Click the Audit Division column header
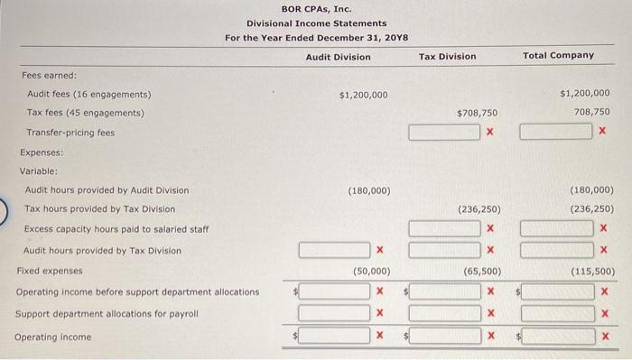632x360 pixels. [338, 57]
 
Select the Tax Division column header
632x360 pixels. [447, 57]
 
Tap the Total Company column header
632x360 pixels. [559, 56]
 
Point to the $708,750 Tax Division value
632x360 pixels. [477, 113]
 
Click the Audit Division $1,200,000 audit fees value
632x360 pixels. [363, 95]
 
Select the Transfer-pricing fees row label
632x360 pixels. [70, 133]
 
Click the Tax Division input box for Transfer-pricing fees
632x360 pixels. [444, 133]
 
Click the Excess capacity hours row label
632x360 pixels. [116, 229]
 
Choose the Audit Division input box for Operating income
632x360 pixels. [334, 337]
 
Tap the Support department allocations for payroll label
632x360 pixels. [106, 314]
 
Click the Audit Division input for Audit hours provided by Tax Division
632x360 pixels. [334, 249]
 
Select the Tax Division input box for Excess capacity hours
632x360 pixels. [444, 229]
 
